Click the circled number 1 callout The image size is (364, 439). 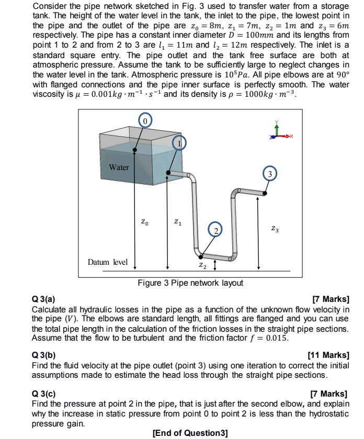point(179,143)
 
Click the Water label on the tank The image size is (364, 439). point(119,167)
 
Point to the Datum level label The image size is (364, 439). point(107,262)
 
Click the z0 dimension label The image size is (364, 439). point(145,223)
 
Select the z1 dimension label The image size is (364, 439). point(177,223)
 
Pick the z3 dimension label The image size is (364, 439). point(275,229)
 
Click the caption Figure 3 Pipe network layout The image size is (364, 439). point(190,283)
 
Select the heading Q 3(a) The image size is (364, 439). point(43,299)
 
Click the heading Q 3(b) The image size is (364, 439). point(43,355)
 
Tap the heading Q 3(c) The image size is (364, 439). point(43,393)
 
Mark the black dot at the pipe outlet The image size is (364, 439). point(265,194)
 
